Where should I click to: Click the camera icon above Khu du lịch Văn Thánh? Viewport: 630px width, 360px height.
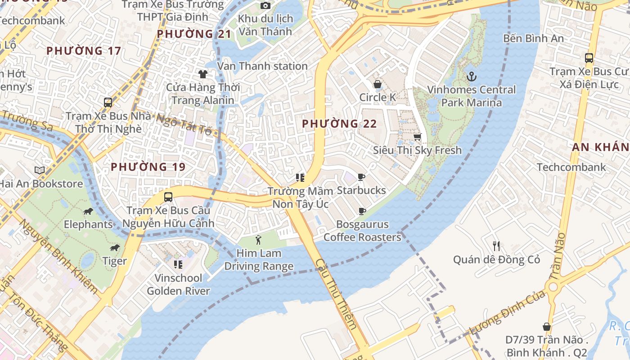point(265,5)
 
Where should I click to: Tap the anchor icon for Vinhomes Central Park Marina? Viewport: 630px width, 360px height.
point(471,76)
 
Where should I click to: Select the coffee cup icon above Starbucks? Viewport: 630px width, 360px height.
point(361,177)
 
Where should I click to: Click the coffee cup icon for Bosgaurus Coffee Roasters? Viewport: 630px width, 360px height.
point(362,211)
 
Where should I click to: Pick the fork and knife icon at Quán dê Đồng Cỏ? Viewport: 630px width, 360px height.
point(496,246)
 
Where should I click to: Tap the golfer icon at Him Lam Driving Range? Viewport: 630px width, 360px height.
point(258,240)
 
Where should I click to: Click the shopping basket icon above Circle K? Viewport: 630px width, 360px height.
point(377,84)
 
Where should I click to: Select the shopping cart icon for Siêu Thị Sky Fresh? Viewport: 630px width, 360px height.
point(417,137)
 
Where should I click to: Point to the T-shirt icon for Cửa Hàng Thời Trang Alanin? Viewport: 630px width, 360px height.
point(203,74)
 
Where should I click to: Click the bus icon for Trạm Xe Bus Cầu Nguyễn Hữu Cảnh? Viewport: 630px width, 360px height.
point(168,197)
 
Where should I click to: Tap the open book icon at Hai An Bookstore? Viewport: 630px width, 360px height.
point(40,170)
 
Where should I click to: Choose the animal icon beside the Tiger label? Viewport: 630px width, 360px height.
point(115,248)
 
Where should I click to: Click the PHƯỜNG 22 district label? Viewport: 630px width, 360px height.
point(339,124)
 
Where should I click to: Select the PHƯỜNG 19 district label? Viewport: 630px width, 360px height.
point(148,167)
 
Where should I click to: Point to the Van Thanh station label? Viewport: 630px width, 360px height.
point(262,66)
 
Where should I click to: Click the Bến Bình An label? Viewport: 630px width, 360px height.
point(533,38)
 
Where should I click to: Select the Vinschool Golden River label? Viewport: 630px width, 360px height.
point(178,284)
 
